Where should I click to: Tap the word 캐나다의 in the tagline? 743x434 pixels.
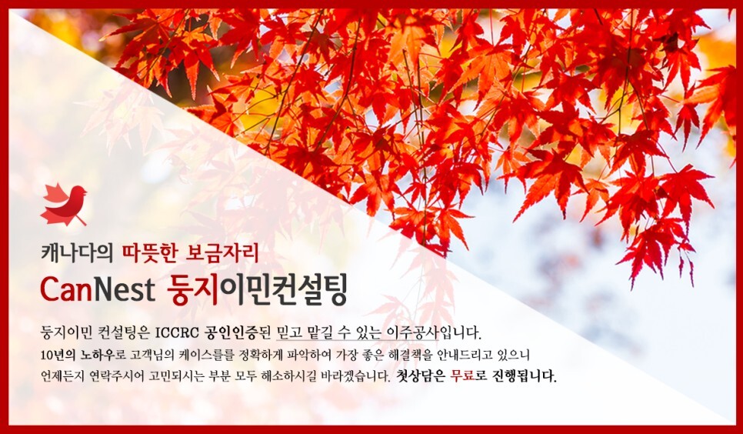coord(77,253)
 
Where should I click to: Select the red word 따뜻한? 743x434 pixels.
coord(149,253)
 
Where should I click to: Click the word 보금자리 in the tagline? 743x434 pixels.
coord(222,253)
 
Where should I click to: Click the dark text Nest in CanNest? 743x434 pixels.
coord(123,289)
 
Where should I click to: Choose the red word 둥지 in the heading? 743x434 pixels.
coord(192,289)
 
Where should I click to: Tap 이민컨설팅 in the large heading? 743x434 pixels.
coord(282,289)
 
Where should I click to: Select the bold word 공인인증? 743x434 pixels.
coord(230,332)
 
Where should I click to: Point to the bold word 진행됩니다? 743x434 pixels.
coord(525,376)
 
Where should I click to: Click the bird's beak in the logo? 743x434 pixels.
coord(86,193)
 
